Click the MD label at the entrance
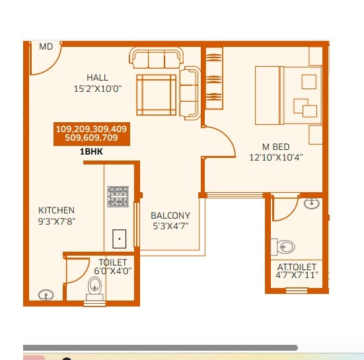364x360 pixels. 46,47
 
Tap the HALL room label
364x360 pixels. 97,78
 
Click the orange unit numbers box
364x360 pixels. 92,133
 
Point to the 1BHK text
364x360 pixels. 92,151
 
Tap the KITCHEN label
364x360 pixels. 56,211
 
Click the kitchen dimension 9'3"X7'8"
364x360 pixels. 56,221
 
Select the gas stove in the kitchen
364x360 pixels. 118,196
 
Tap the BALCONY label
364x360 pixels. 170,216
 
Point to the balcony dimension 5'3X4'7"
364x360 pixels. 170,226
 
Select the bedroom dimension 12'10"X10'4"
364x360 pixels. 275,157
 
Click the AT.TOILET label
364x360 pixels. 297,267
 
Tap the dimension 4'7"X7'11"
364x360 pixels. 297,275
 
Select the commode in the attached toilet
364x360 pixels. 285,247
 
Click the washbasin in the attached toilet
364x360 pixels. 310,203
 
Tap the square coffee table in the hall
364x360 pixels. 157,94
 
